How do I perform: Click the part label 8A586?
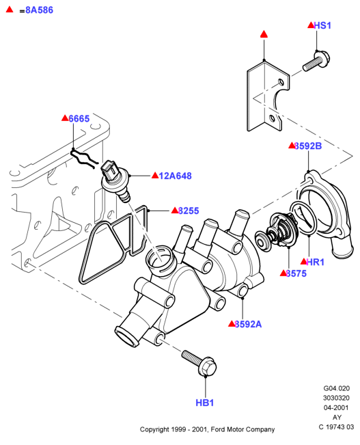click(x=40, y=10)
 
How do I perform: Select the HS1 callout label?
click(x=322, y=25)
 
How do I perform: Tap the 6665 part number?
click(x=79, y=119)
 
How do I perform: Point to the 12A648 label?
click(x=176, y=176)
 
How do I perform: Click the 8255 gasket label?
click(x=189, y=211)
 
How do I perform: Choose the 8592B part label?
click(x=308, y=146)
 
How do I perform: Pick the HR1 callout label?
click(x=316, y=262)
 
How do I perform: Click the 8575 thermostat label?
click(x=296, y=273)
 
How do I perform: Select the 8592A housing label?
click(x=248, y=324)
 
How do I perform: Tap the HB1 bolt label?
click(x=204, y=403)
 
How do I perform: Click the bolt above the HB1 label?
click(x=199, y=363)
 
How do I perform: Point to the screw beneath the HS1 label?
click(x=316, y=61)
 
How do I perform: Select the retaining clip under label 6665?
click(x=84, y=159)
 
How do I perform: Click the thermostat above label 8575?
click(x=277, y=232)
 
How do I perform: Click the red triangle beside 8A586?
click(x=10, y=10)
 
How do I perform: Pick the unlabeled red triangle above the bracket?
click(x=264, y=34)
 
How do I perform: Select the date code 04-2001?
click(x=336, y=408)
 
